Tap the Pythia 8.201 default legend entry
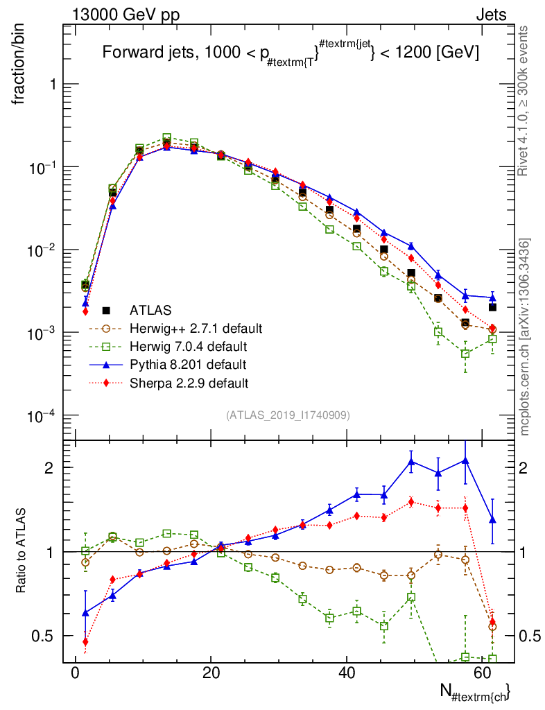(x=187, y=364)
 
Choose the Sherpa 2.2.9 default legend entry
(x=189, y=382)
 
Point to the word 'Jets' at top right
(x=491, y=15)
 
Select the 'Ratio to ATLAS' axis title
(x=21, y=551)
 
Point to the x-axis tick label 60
(x=483, y=673)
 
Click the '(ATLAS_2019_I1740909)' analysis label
(x=288, y=415)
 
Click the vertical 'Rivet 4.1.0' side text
(x=525, y=101)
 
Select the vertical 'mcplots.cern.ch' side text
(x=525, y=336)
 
